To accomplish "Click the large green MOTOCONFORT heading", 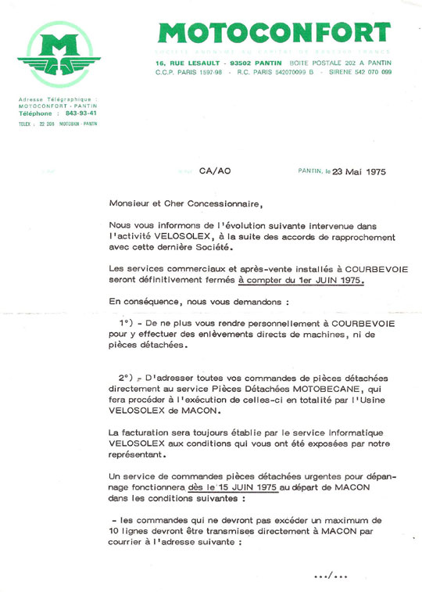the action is pos(274,32).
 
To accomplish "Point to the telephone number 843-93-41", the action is pos(83,113).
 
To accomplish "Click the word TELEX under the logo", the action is pos(25,124).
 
